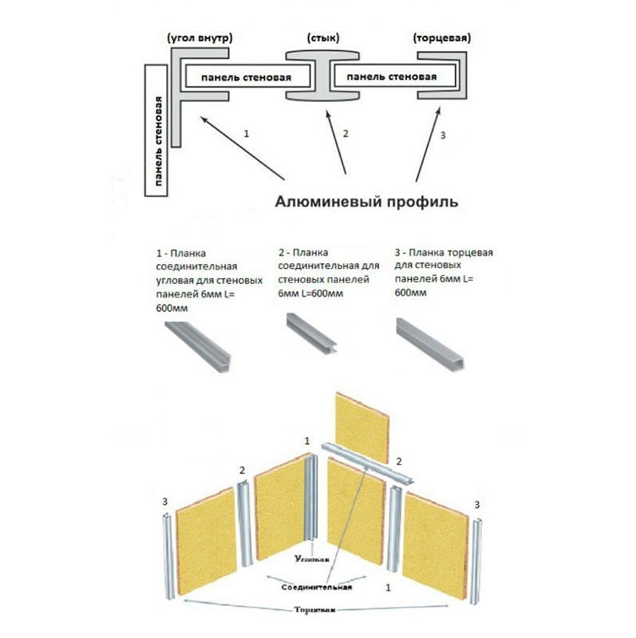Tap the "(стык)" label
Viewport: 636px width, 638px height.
[322, 38]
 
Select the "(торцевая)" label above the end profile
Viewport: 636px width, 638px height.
[442, 38]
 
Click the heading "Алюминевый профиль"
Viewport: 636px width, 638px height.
[366, 202]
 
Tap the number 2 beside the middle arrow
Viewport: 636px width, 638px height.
[346, 134]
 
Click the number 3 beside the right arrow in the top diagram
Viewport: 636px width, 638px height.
[443, 134]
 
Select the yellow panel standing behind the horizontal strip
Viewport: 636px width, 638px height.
[361, 424]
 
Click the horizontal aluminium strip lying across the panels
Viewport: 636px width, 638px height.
[366, 462]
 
